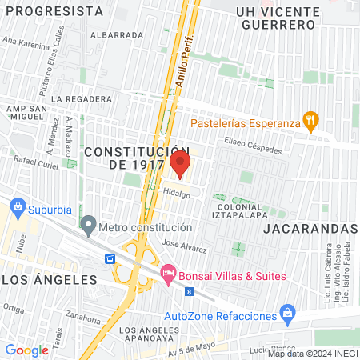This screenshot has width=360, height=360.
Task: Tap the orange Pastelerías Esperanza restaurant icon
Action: [312, 122]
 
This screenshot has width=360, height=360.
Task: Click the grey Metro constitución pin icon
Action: [88, 227]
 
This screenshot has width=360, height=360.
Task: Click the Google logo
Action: [26, 350]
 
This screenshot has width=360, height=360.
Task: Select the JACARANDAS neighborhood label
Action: [309, 228]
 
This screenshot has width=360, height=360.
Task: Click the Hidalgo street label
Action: [177, 194]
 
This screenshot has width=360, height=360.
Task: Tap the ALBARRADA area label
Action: [117, 35]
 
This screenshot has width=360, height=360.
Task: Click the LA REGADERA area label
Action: [81, 98]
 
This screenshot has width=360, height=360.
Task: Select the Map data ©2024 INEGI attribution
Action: [312, 353]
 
